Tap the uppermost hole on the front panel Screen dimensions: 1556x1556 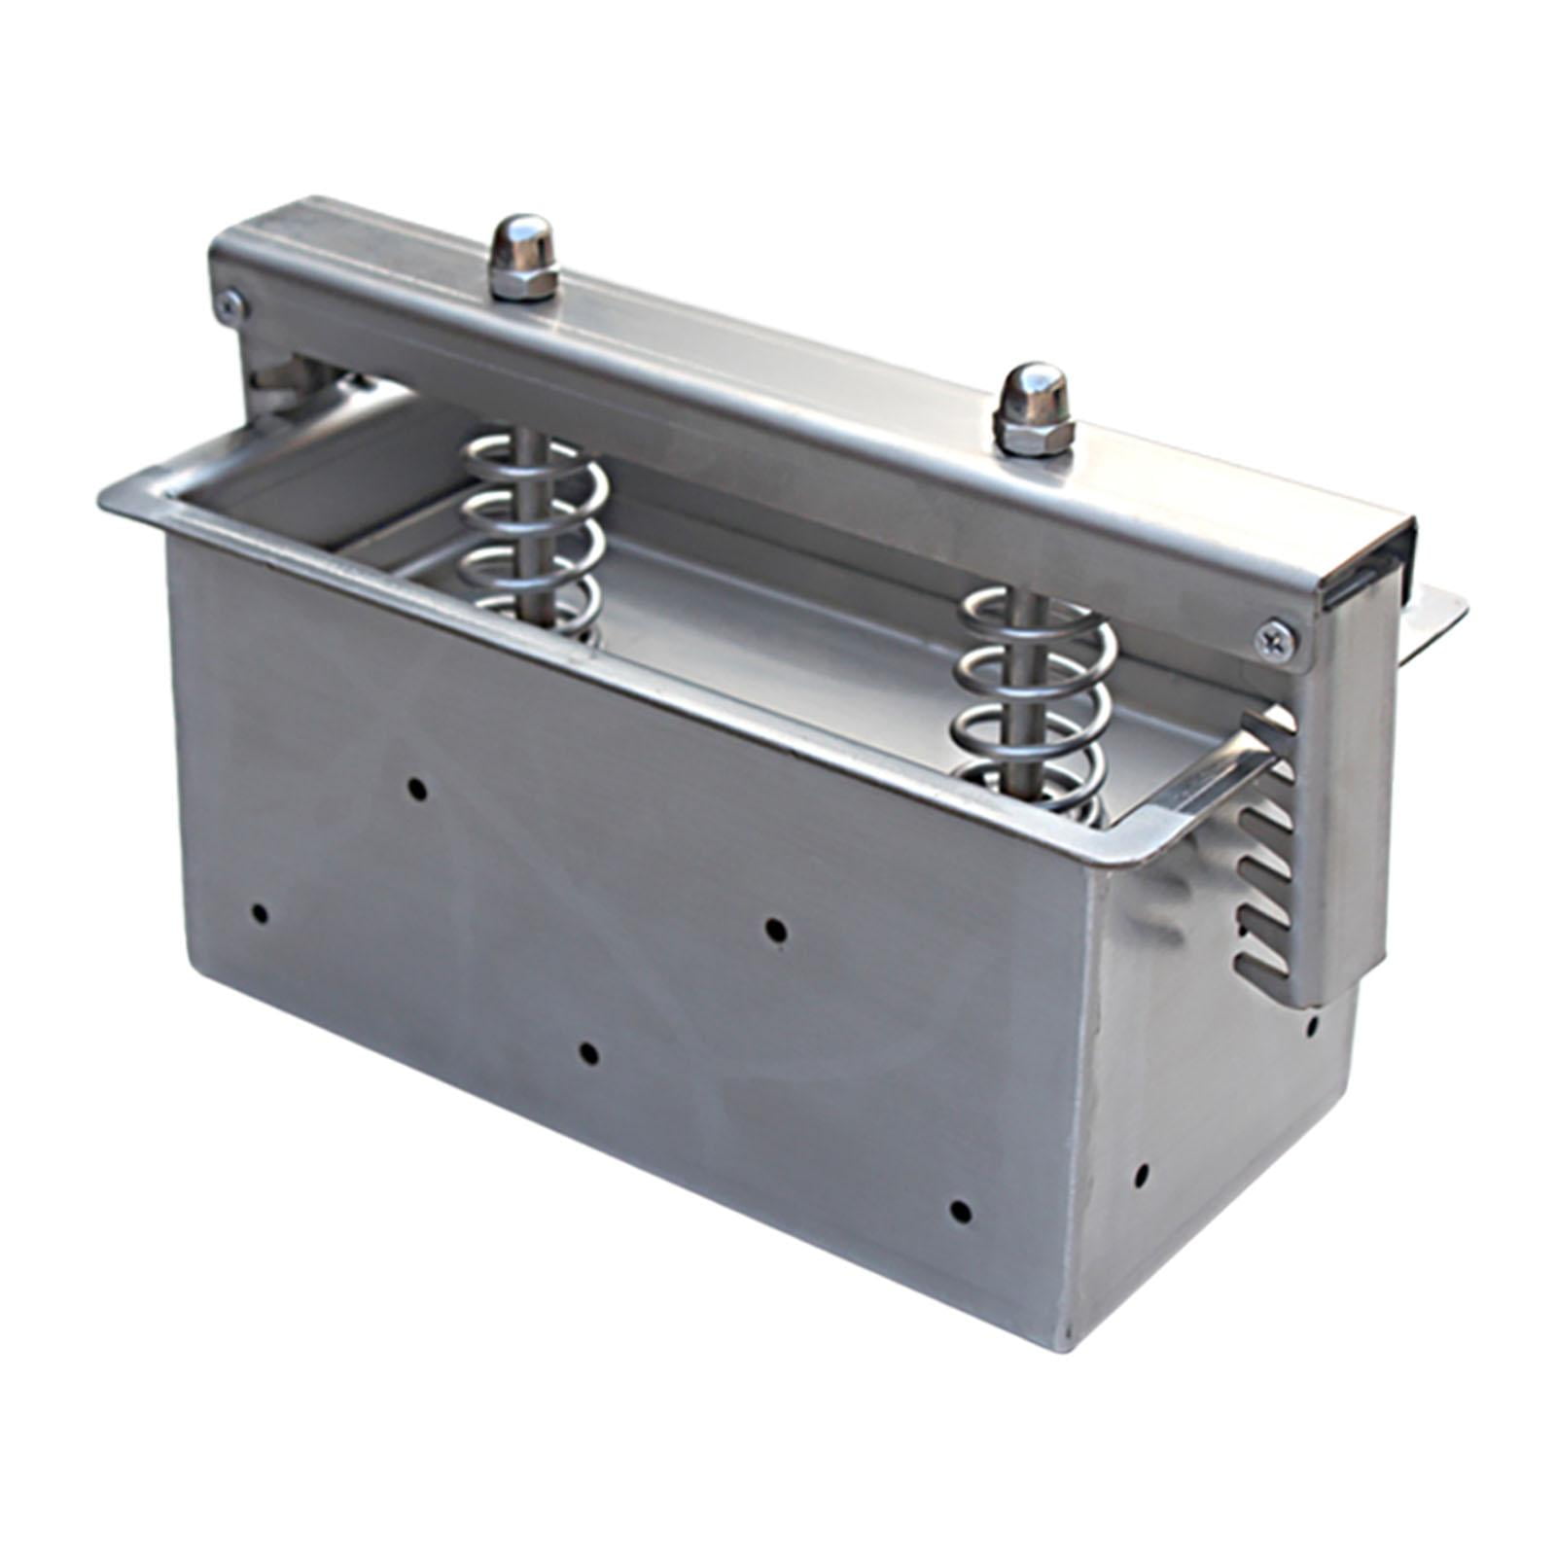point(417,789)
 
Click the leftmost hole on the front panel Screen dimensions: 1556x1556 point(260,913)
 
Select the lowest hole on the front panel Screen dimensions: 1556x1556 point(960,1212)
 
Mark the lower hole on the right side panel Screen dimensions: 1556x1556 point(1142,1174)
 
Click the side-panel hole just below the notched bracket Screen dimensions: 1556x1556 point(1312,1024)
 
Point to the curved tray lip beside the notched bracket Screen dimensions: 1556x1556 point(1206,778)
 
